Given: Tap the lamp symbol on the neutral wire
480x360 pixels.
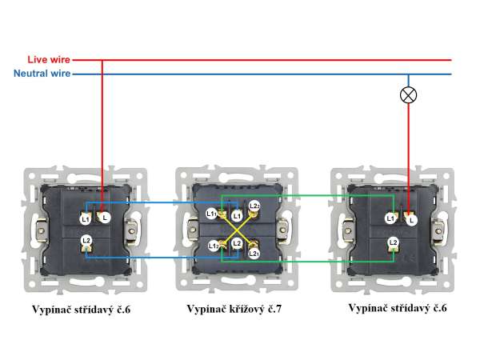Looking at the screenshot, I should pos(409,94).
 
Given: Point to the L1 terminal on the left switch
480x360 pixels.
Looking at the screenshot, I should pos(86,217).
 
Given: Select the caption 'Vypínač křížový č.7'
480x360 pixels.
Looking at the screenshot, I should pos(234,308).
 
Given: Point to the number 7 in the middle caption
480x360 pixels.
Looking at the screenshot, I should pos(279,308).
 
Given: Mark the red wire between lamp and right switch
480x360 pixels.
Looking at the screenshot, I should pos(409,152).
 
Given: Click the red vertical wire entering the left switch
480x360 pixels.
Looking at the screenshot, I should pos(102,128).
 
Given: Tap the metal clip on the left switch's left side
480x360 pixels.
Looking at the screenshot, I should pos(35,233).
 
